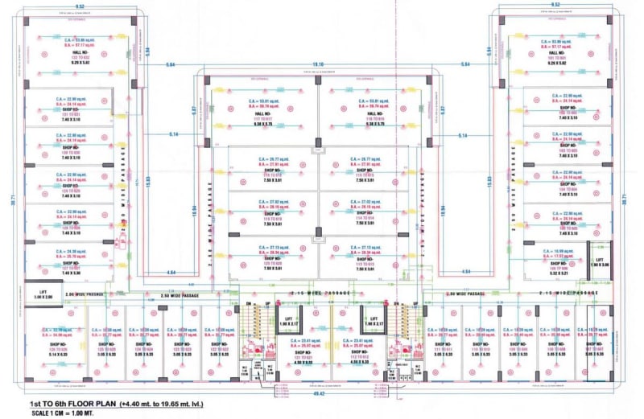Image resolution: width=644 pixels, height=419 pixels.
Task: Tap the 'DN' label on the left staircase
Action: click(x=249, y=303)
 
